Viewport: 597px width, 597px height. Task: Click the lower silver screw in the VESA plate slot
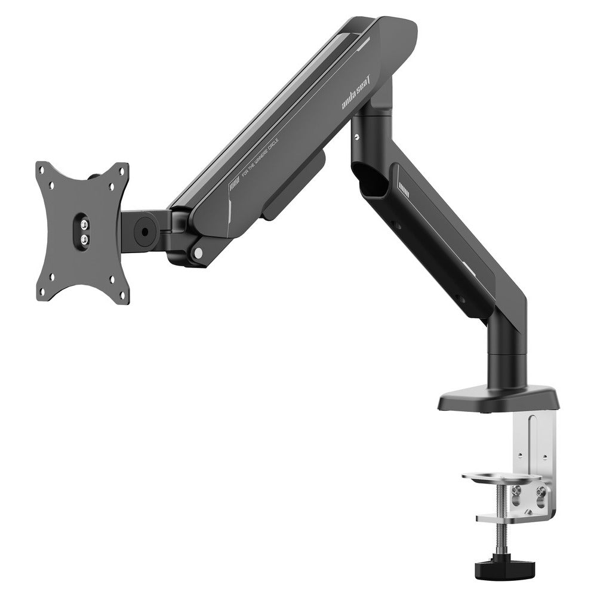(x=84, y=238)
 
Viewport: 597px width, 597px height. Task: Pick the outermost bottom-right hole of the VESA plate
(x=124, y=295)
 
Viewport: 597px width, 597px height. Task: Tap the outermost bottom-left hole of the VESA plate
(x=43, y=293)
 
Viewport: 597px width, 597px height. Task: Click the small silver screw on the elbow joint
(x=356, y=137)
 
